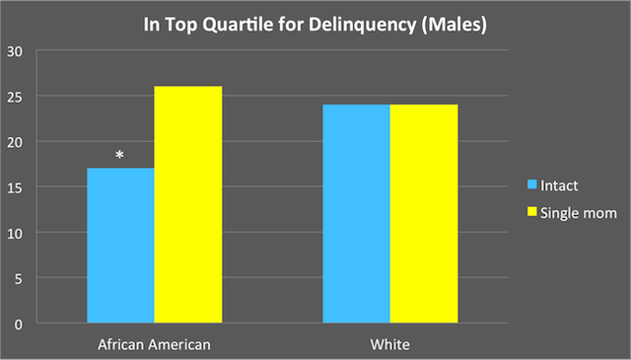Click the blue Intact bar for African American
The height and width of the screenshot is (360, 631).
[120, 246]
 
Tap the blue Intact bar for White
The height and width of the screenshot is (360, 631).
[356, 213]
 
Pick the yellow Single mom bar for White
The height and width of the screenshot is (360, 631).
[424, 213]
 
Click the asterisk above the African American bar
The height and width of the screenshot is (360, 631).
[119, 156]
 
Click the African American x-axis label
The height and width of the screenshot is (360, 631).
[154, 344]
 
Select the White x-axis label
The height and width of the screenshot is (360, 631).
[389, 344]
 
